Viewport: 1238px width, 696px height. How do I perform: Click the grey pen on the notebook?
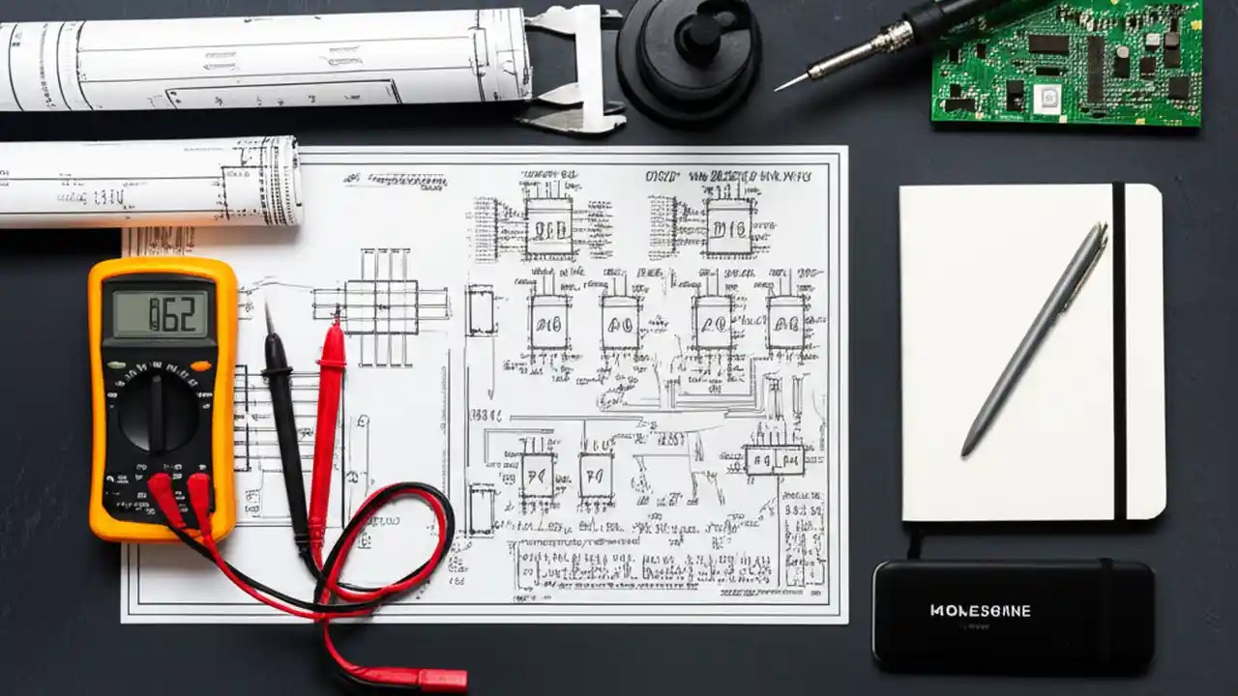[x=1036, y=338]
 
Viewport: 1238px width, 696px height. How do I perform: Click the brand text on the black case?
[x=980, y=611]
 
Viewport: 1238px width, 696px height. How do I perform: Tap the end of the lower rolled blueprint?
[x=281, y=182]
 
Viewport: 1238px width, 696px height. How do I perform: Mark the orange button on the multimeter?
[x=201, y=365]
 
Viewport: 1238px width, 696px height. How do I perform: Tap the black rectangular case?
[x=1013, y=615]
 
